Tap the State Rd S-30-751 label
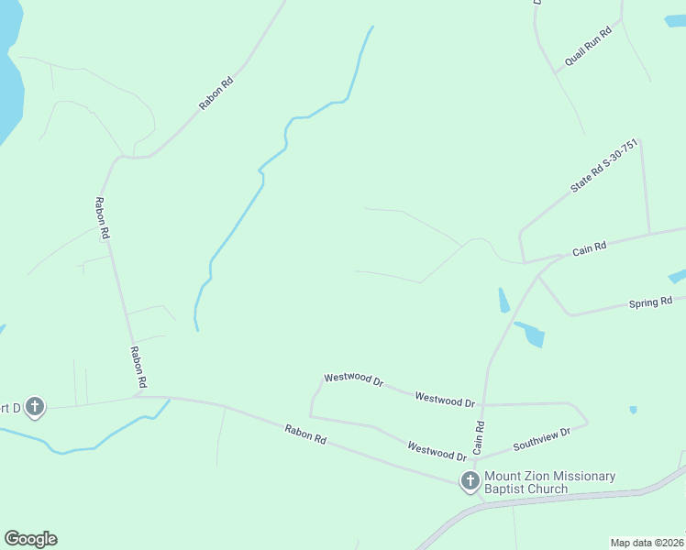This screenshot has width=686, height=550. [603, 166]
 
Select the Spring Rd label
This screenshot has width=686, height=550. [650, 302]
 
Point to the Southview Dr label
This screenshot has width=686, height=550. [541, 438]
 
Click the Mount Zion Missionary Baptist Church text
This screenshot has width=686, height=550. [549, 482]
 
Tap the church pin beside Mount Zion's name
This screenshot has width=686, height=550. [470, 481]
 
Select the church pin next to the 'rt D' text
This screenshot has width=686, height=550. [35, 406]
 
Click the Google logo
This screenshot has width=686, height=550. [30, 539]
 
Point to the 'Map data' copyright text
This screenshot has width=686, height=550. [647, 542]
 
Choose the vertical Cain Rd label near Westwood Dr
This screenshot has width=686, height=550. [479, 438]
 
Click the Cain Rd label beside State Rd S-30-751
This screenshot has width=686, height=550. [590, 247]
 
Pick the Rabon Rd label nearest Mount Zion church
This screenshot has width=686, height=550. [304, 434]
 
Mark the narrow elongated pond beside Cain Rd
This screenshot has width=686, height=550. [503, 300]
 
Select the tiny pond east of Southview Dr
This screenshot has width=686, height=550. [633, 410]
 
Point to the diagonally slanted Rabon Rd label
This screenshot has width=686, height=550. [217, 93]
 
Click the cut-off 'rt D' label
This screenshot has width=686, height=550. [8, 407]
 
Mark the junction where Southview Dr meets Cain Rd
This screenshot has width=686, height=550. [481, 456]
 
